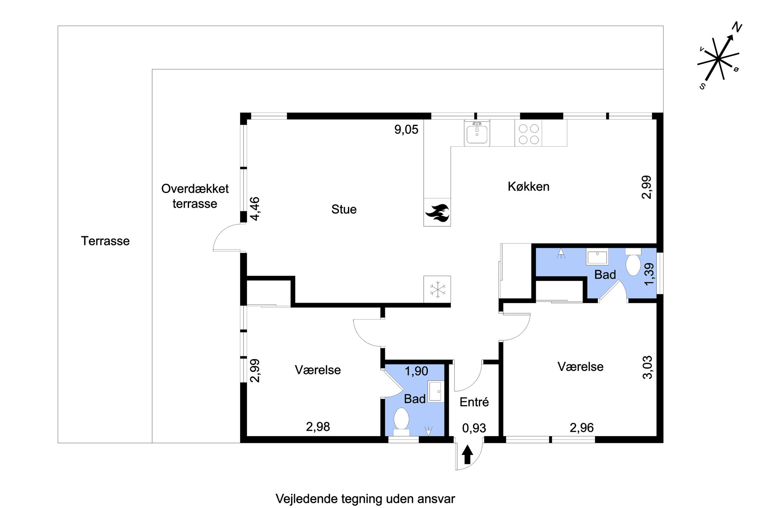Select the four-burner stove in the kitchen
(528, 134)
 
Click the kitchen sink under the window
(477, 133)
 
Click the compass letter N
(737, 27)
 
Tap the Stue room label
(344, 209)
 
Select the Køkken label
(528, 187)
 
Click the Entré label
(474, 402)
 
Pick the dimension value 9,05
(406, 130)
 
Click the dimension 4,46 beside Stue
(255, 209)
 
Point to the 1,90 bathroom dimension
(416, 371)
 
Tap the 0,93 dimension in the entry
(474, 428)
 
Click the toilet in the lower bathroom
(401, 421)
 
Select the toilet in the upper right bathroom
(633, 262)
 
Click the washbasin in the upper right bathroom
(597, 256)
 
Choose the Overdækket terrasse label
(195, 196)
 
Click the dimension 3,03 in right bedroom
(648, 367)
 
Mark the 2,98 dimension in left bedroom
(318, 427)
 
